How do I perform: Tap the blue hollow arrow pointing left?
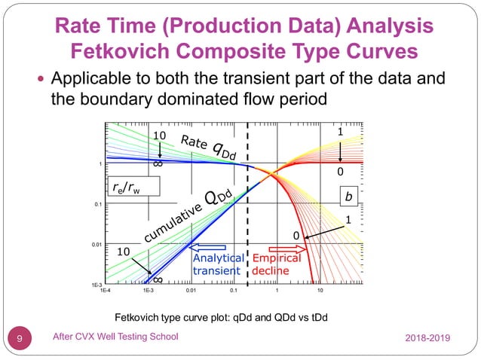[216, 246]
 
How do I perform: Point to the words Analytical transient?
[217, 264]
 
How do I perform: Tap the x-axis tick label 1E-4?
[106, 289]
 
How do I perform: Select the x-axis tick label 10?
[320, 289]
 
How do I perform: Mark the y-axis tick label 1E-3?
[97, 285]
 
